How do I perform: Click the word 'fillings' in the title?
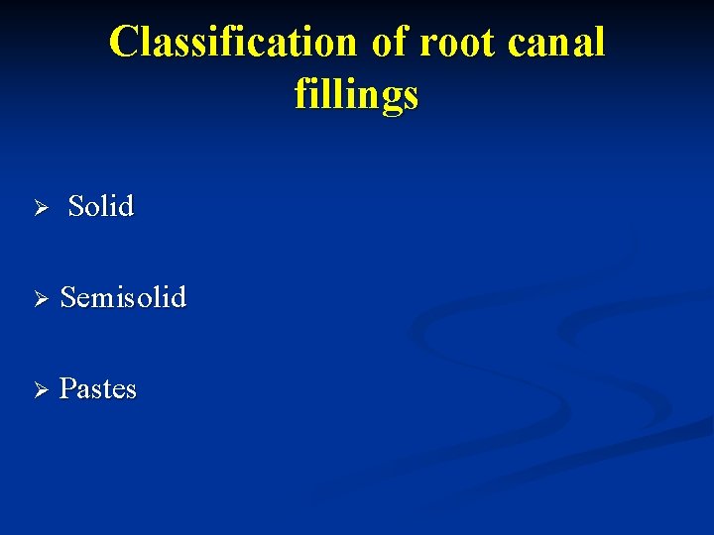click(x=356, y=95)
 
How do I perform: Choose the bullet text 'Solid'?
click(x=100, y=206)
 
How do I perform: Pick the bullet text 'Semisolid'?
click(x=123, y=297)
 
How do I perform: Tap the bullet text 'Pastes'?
click(x=97, y=388)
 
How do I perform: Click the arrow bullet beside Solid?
click(x=41, y=208)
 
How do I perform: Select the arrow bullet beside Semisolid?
click(x=41, y=298)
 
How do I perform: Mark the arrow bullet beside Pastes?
click(x=41, y=389)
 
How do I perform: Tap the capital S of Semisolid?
click(x=68, y=297)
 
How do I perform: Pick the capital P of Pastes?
click(x=67, y=388)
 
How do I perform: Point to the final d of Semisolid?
click(x=178, y=297)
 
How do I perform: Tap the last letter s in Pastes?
click(x=131, y=390)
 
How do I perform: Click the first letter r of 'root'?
click(x=427, y=46)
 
